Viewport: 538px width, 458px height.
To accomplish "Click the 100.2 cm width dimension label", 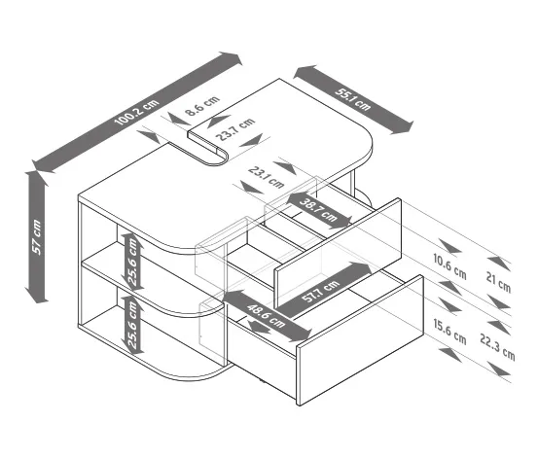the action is coord(136,112).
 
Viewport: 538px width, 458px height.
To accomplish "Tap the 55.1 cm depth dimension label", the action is coord(353,100).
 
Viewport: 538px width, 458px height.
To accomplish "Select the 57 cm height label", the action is coord(36,237).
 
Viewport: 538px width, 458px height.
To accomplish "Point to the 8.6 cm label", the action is coord(202,106).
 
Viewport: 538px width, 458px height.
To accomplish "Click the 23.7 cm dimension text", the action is coord(235,128).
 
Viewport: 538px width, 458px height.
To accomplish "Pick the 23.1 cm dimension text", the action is coord(267,177).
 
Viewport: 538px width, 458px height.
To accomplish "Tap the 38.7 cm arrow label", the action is coord(318,210).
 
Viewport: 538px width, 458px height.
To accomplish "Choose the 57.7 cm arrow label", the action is coord(320,291).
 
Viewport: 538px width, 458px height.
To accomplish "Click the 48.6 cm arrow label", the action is coord(266,316).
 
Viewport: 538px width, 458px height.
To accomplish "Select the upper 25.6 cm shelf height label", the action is coord(132,262).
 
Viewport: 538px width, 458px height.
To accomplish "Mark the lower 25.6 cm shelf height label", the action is coord(132,324).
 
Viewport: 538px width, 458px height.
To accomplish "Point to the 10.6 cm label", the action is coord(449,266).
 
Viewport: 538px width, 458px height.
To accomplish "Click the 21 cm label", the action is coord(498,282).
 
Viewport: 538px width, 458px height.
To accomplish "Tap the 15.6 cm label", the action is coord(449,332).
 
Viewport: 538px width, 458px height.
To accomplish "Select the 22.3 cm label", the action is coord(497,347).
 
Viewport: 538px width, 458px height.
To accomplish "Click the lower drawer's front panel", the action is coord(360,340).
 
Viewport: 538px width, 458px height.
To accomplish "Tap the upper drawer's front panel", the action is coord(338,253).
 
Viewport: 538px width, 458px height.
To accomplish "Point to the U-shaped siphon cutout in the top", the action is coord(208,149).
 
